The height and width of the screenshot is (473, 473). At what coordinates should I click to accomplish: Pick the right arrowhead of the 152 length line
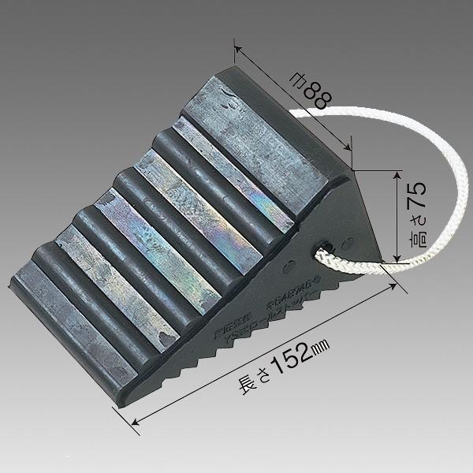pyautogui.click(x=390, y=290)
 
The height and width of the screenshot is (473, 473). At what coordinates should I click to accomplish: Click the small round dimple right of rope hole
pyautogui.click(x=348, y=234)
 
